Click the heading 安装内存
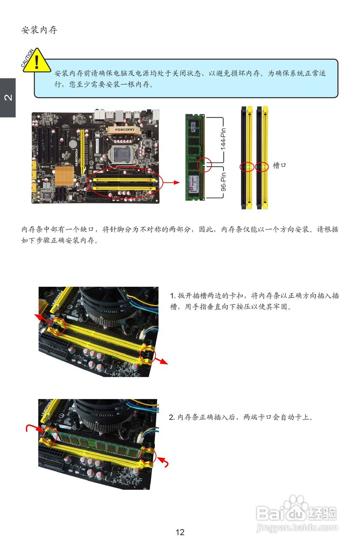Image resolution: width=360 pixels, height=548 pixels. coord(39,30)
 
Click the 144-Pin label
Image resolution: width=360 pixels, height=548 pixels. coord(223,139)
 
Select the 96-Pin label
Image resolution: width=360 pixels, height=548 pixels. coord(223,181)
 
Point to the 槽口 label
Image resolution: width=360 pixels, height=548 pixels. coord(279,166)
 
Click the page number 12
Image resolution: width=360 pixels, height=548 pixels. coord(180,532)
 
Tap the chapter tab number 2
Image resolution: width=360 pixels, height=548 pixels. coord(8,97)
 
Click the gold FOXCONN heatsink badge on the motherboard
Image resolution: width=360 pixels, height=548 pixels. coord(124,130)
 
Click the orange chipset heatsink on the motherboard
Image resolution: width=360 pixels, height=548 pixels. coord(64,176)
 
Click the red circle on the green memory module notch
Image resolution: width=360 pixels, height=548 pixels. coord(204,164)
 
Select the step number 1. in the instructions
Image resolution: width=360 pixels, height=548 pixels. coord(173,296)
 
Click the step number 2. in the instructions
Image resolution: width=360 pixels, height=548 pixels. coord(172,417)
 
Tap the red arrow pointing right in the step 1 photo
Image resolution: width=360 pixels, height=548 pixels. coord(161,361)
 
